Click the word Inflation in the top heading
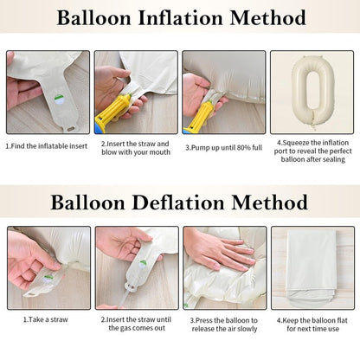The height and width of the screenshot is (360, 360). [181, 18]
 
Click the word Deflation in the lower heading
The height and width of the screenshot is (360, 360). [178, 202]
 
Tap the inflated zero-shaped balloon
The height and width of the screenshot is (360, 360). [312, 91]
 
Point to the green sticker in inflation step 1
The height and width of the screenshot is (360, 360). [60, 100]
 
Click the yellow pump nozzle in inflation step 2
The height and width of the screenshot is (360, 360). [112, 110]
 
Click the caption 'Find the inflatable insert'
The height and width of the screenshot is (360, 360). [47, 146]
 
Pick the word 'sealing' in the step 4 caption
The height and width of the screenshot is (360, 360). [334, 160]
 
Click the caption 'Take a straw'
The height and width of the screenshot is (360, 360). [46, 319]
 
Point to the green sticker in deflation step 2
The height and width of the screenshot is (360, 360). [143, 265]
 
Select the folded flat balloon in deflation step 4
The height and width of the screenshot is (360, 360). [312, 267]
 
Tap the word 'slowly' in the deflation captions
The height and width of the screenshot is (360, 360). [247, 329]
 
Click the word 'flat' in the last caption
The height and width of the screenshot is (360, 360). [342, 320]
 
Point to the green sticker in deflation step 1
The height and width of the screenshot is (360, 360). [48, 279]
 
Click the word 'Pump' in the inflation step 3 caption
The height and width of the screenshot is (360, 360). [201, 148]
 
